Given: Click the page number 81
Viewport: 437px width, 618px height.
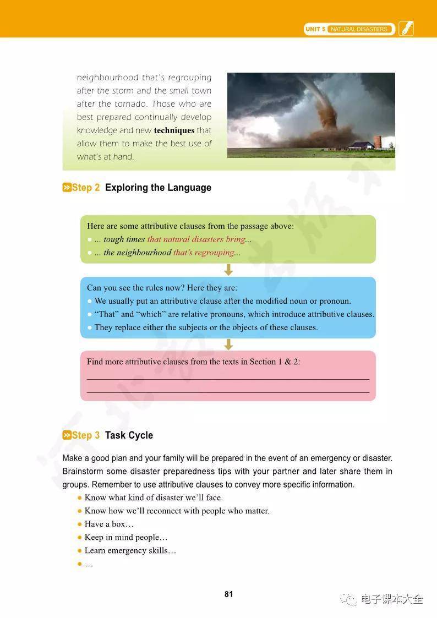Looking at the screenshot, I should tap(229, 594).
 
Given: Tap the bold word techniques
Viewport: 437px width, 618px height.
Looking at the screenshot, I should tap(174, 130).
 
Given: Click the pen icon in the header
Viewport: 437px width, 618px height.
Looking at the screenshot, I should tap(406, 29).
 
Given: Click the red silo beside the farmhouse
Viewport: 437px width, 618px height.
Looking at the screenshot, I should tap(378, 142).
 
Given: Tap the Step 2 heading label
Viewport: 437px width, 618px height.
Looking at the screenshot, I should tap(81, 188).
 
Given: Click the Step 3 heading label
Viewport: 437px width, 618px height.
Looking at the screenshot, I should tap(81, 435).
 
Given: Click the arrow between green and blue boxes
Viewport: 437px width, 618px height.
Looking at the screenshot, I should tap(229, 270).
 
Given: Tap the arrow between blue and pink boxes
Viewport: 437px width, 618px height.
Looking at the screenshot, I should tap(229, 344).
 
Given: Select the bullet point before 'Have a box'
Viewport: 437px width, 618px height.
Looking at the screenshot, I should tap(80, 524).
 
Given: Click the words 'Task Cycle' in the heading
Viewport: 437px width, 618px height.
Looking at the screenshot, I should tap(129, 435).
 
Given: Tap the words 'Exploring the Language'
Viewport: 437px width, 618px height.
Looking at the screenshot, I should tap(158, 188).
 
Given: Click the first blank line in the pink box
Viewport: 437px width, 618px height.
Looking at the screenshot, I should tap(228, 379).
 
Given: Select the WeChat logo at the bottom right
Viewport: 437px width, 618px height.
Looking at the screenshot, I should tap(348, 599).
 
